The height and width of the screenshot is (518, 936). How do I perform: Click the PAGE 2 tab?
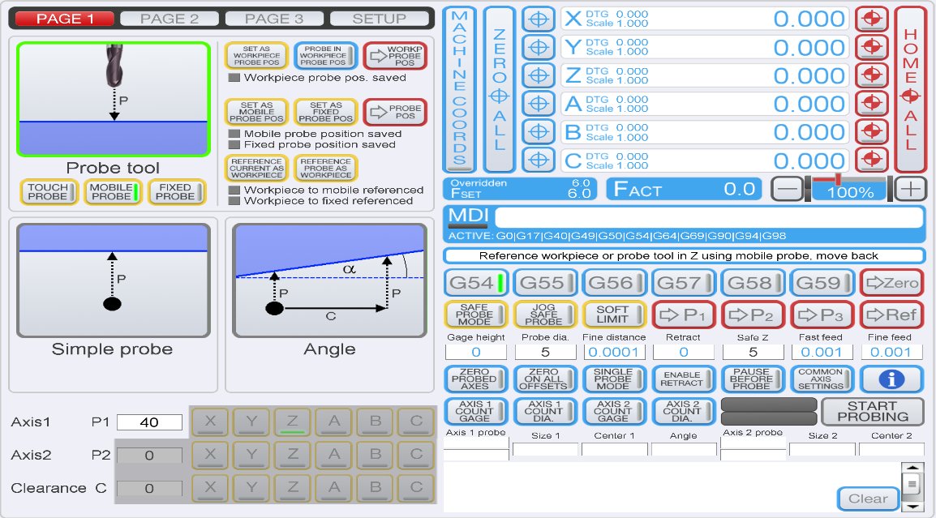pos(170,19)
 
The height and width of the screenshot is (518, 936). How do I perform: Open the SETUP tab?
pos(379,19)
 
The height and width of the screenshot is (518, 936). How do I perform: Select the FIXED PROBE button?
pos(178,191)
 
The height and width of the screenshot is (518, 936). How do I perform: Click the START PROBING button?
pos(873,412)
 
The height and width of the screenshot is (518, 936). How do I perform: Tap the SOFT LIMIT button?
pos(613,315)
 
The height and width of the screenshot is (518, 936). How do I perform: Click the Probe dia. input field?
pos(545,352)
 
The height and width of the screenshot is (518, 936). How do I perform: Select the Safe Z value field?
pos(753,352)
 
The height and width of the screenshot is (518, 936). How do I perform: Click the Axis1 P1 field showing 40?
pos(149,422)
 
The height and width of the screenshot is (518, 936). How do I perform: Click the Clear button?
pos(868,499)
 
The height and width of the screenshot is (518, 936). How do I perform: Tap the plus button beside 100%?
pos(910,189)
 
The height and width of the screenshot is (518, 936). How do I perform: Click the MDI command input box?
pos(708,218)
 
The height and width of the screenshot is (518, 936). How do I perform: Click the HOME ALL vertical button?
pos(910,89)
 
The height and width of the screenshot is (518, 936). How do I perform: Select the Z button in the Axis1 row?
pos(293,422)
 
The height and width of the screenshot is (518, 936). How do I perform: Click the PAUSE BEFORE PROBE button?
pos(752,379)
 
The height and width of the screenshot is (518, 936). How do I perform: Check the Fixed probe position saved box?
pos(234,144)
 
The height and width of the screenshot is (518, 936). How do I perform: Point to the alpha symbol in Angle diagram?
pos(350,269)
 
